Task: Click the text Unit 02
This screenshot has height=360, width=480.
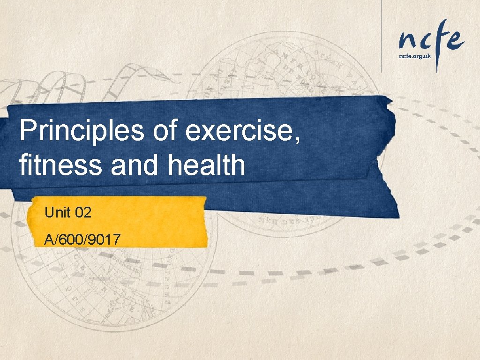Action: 68,213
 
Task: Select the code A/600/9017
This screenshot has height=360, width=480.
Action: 82,240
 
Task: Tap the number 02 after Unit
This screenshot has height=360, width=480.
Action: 83,213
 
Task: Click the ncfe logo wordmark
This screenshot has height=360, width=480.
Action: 431,40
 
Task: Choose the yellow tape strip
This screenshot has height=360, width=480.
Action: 117,222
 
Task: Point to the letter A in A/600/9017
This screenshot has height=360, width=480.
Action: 48,240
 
